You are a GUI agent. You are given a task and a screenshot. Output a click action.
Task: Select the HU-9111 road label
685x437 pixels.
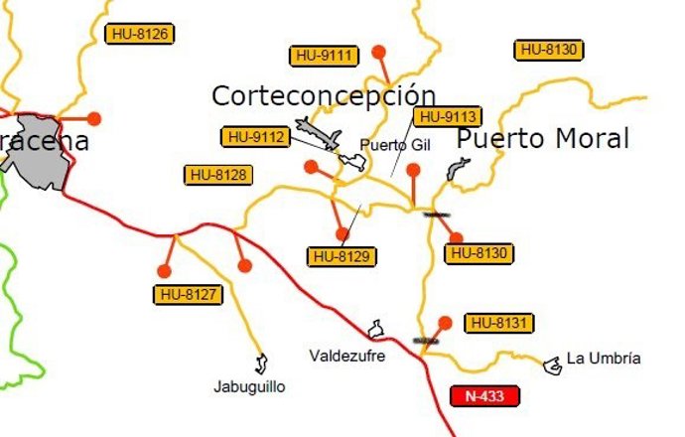tap(324, 56)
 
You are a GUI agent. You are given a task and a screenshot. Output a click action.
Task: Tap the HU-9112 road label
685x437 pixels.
tap(256, 136)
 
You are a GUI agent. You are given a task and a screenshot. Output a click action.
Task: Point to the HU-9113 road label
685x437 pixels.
tap(449, 116)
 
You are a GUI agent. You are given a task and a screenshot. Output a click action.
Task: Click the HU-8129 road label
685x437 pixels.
tap(342, 256)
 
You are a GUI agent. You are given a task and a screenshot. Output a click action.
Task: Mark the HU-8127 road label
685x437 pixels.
tap(189, 294)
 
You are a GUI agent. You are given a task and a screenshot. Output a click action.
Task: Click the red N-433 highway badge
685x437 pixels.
tap(484, 396)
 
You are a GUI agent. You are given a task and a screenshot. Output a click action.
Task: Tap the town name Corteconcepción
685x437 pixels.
tap(324, 95)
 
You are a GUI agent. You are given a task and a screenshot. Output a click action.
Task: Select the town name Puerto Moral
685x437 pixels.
tap(543, 139)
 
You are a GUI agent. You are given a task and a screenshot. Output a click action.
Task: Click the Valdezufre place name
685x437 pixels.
tap(346, 355)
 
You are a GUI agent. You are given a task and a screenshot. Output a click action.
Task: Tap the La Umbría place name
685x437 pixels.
tap(604, 359)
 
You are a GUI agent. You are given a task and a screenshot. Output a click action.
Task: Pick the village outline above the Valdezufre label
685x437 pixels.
tap(376, 329)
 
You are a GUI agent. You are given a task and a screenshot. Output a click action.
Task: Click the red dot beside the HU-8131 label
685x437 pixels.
tap(446, 322)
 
